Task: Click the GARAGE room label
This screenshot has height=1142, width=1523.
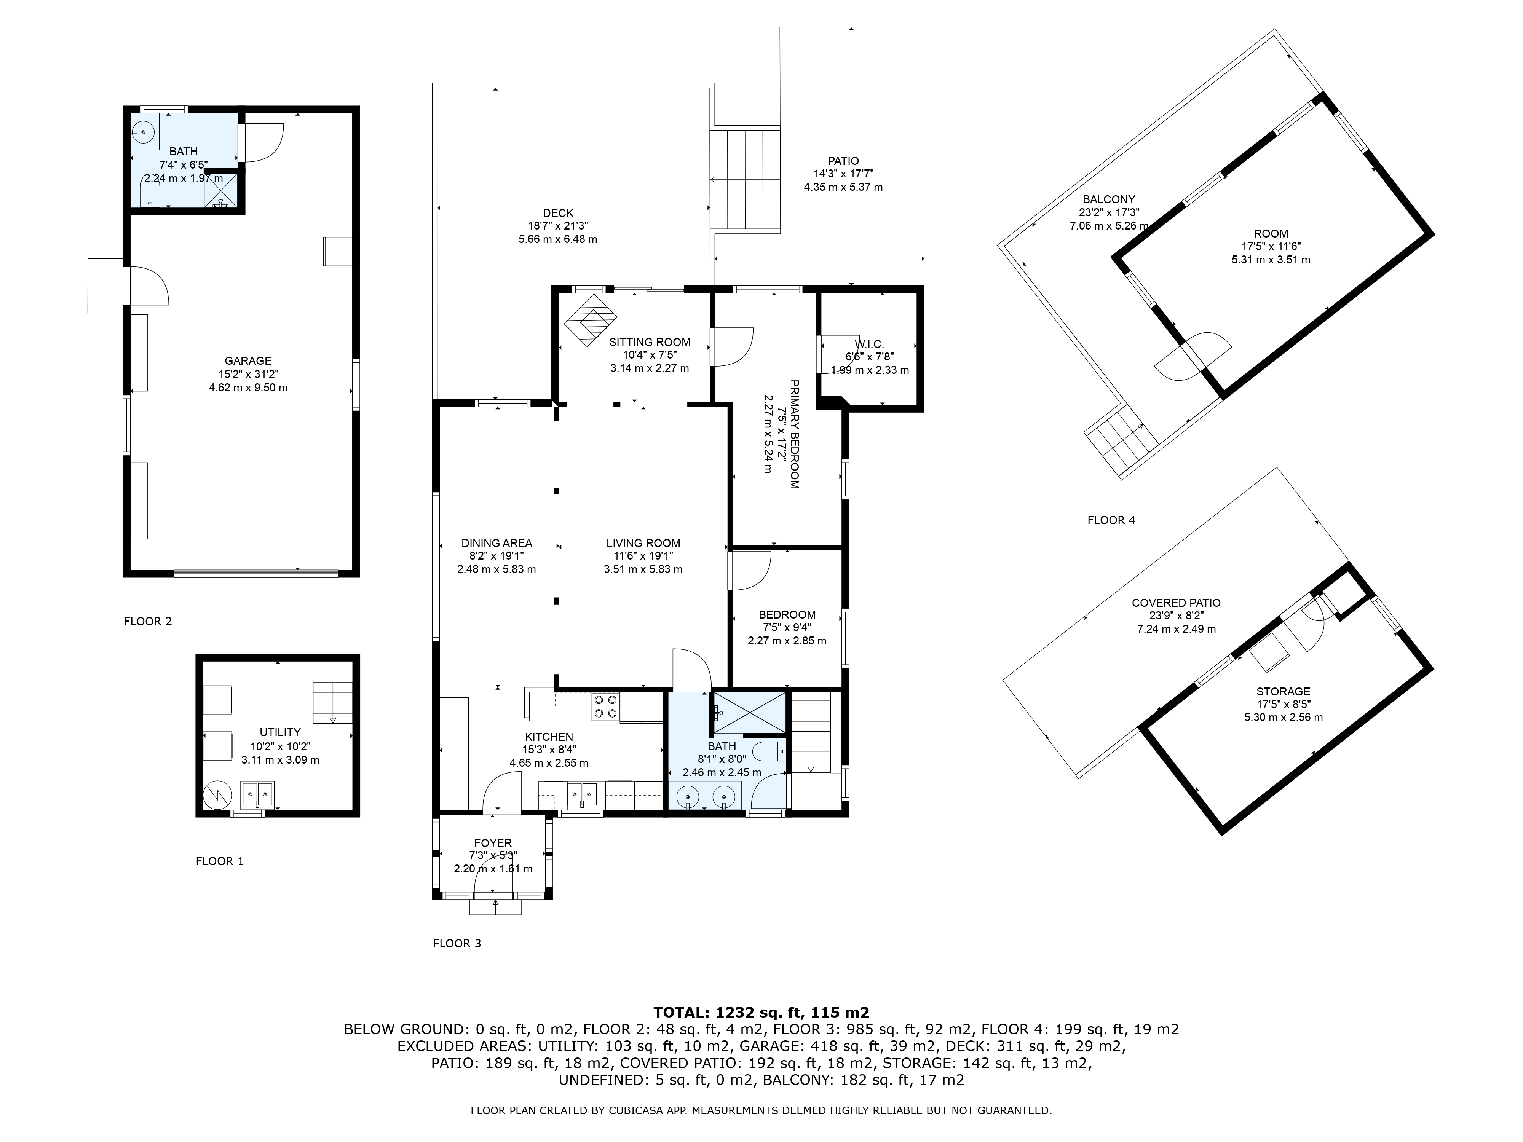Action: (248, 361)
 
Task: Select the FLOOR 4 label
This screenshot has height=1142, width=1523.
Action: (1111, 520)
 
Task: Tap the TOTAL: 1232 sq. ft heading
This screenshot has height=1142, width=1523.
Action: (761, 1013)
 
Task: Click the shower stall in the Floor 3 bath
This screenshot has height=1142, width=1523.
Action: (749, 713)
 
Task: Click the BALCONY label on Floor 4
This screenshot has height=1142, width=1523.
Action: (1108, 199)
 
